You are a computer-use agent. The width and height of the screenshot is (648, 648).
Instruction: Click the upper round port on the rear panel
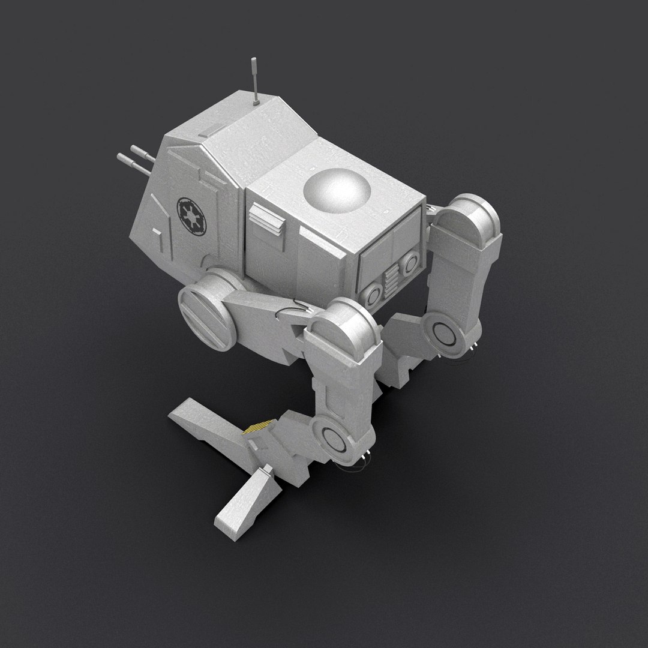pyautogui.click(x=410, y=262)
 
